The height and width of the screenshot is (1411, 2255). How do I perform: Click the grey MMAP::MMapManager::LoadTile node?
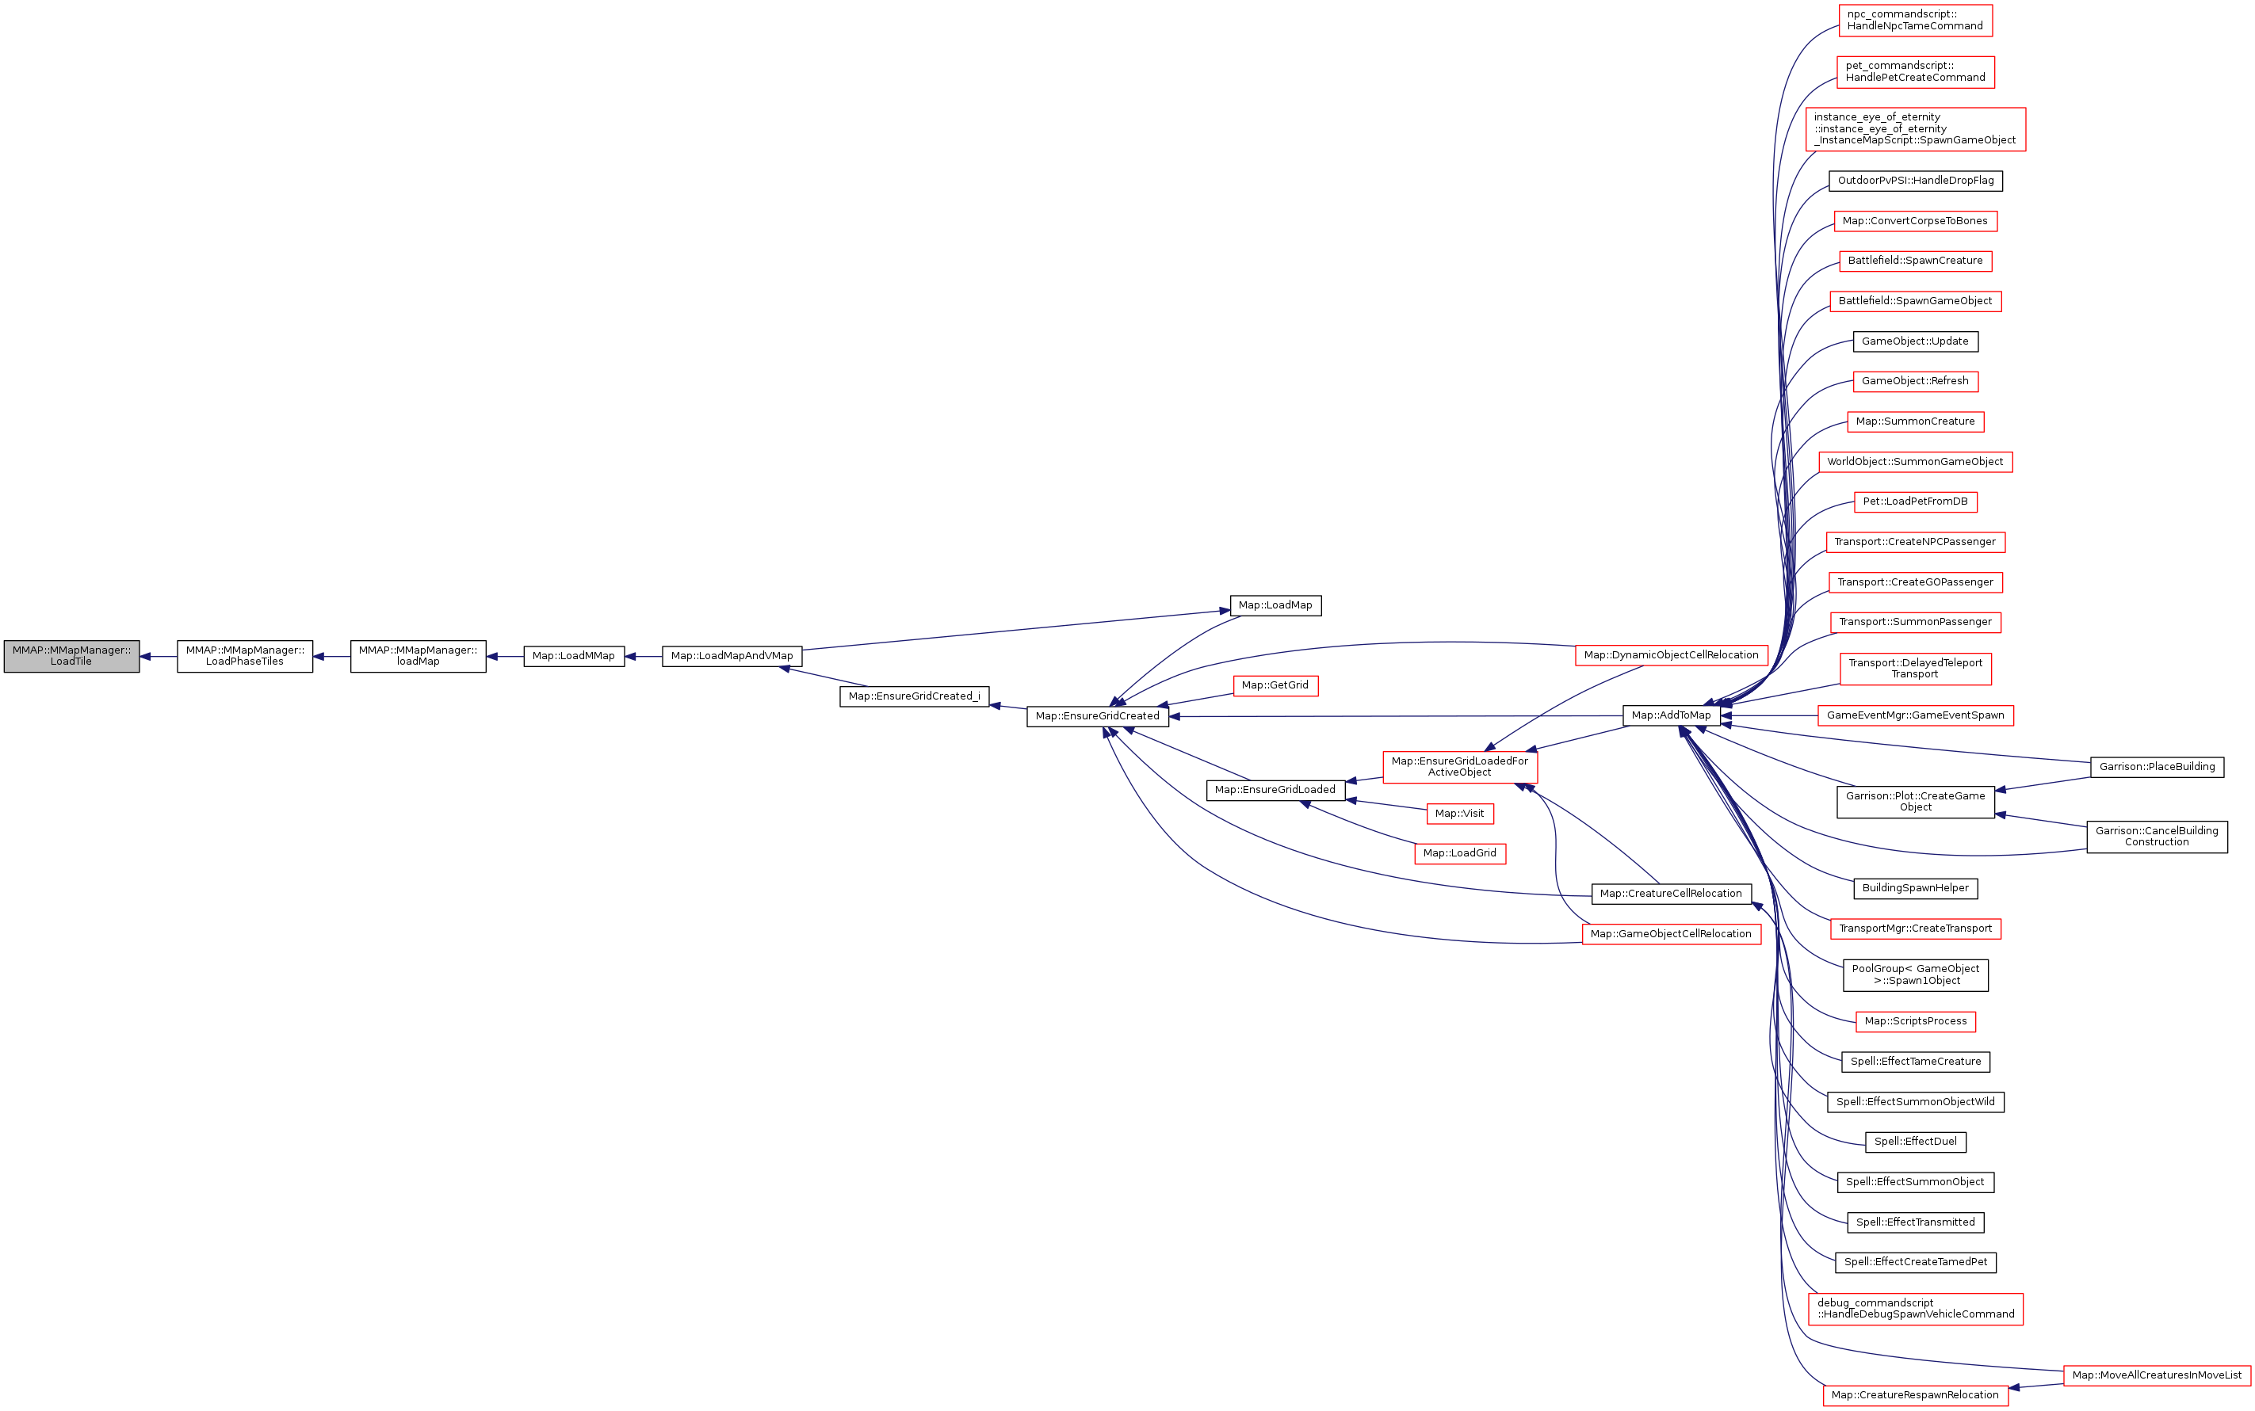point(71,656)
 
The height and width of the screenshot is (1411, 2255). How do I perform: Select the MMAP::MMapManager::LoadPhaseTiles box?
point(245,656)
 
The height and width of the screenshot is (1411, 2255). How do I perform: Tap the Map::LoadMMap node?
point(573,656)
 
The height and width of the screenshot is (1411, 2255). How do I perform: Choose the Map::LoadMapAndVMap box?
point(732,656)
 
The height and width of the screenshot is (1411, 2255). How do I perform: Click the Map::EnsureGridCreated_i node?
point(914,696)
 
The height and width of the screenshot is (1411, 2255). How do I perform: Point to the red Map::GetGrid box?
point(1275,686)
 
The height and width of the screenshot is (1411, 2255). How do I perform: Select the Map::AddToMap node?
point(1671,715)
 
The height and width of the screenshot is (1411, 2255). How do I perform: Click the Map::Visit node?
point(1460,814)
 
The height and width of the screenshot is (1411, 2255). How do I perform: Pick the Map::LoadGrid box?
point(1460,853)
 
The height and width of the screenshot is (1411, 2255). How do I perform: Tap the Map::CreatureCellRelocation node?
point(1671,894)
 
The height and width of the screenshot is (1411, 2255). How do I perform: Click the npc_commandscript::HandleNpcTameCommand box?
point(1915,21)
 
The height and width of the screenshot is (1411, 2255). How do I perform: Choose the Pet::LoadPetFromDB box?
point(1915,502)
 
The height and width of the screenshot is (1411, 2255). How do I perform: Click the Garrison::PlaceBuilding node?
point(2157,767)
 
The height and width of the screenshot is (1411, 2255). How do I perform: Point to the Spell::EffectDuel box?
point(1915,1142)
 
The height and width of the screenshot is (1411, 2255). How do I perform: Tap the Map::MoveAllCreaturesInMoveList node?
point(2157,1375)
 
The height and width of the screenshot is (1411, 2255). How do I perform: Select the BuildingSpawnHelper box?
point(1915,888)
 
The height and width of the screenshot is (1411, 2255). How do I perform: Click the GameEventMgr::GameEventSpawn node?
point(1915,715)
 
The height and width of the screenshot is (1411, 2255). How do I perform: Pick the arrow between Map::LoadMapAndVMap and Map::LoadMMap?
point(643,656)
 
